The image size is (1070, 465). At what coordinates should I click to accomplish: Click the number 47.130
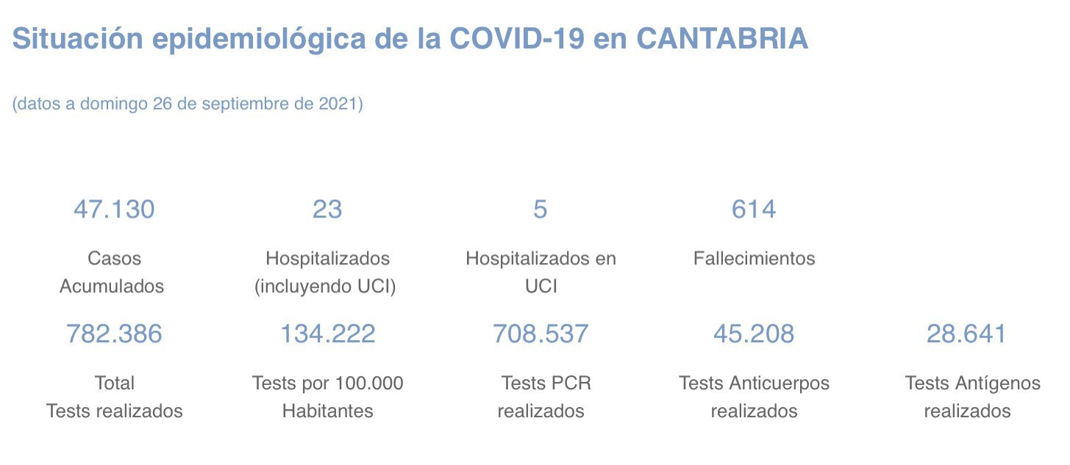point(114,209)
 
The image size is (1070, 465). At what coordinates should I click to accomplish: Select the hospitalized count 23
point(327,209)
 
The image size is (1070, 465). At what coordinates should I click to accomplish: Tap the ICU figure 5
point(541,209)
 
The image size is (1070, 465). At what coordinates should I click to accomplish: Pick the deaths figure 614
point(754,209)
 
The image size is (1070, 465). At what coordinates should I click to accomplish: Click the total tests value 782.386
point(114,334)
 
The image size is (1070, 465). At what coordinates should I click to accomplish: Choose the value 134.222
point(327,334)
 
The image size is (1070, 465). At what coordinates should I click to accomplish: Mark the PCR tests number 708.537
point(541,334)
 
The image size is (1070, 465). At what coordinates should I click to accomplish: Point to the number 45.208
point(754,334)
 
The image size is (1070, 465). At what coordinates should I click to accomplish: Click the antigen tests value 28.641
point(966,334)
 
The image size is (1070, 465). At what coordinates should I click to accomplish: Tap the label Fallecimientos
point(754,259)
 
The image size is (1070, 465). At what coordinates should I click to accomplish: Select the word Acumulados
point(112,286)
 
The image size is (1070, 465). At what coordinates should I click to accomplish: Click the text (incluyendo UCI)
point(325,286)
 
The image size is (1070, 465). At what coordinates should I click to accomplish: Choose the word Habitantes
point(327,411)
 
